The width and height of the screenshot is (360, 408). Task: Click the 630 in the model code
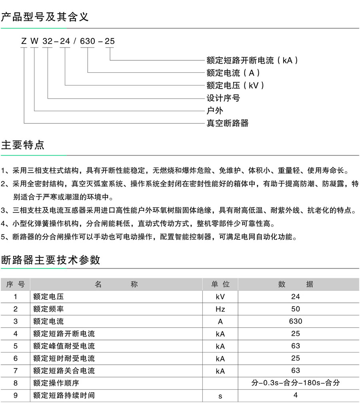[88, 41]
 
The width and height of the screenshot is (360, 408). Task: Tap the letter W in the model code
[35, 41]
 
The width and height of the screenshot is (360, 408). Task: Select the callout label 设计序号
[223, 98]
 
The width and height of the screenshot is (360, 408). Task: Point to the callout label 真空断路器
[227, 123]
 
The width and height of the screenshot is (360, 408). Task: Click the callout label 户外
[215, 110]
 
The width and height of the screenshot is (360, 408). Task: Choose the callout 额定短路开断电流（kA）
[252, 60]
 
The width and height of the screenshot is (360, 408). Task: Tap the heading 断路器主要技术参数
[50, 260]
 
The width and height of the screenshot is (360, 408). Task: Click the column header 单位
[220, 284]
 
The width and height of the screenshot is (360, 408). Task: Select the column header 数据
[296, 284]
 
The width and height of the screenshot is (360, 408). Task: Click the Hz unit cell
[220, 309]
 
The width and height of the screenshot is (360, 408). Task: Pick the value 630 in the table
[296, 321]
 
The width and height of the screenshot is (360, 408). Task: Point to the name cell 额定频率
[48, 309]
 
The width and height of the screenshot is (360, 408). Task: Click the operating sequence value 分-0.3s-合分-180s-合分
[296, 383]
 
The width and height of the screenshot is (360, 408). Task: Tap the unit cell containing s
[220, 396]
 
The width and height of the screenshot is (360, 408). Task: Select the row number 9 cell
[16, 395]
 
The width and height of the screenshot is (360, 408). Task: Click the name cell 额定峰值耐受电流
[64, 346]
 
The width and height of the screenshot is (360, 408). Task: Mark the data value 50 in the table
[296, 309]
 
